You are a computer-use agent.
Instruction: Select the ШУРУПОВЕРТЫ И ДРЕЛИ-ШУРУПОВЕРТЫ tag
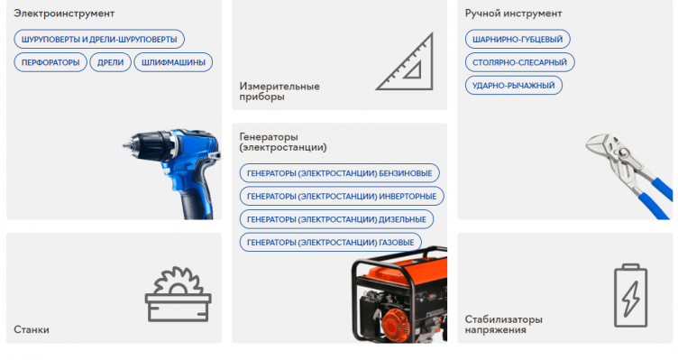pos(99,39)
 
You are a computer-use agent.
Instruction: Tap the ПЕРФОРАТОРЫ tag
pos(50,62)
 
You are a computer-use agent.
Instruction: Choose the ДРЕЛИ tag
pos(110,62)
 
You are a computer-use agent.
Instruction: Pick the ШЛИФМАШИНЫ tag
pos(173,62)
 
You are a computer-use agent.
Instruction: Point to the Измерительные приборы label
pos(279,91)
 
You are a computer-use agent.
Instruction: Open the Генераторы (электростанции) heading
pos(283,142)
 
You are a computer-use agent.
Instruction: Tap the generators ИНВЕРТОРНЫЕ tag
pos(341,196)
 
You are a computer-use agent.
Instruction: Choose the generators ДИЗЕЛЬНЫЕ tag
pos(336,219)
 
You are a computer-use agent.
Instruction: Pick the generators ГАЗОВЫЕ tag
pos(330,242)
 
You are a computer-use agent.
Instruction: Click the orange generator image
pos(398,298)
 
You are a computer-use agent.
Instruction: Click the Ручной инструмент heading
pos(513,14)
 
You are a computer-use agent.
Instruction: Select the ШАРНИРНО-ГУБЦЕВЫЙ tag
pos(518,39)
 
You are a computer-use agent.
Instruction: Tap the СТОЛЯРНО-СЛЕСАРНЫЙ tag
pos(519,62)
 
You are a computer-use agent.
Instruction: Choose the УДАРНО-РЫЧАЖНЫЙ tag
pos(514,86)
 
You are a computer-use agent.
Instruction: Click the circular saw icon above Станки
pos(178,293)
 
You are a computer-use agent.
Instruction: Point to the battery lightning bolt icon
pos(629,295)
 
